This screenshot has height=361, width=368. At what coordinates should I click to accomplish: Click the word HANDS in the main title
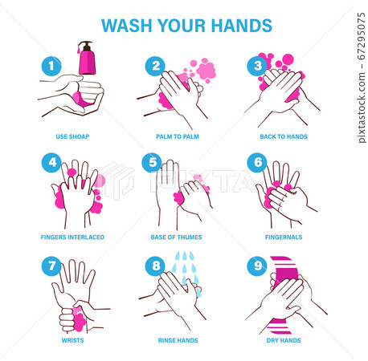tap(243, 24)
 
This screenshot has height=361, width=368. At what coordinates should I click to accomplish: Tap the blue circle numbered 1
tap(51, 65)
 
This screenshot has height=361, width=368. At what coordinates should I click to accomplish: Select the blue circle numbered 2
tap(156, 65)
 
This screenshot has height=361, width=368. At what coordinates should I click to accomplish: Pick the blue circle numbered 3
tap(258, 65)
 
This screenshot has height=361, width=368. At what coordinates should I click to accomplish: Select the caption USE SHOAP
tap(72, 136)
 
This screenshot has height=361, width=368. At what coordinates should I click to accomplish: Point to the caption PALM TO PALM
tap(177, 136)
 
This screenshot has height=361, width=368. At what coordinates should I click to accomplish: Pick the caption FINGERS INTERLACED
tap(72, 237)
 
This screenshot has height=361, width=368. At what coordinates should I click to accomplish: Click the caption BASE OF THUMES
tap(177, 237)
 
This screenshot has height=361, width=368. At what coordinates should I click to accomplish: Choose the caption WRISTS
tap(72, 339)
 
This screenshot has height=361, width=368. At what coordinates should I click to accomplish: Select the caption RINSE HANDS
tap(177, 339)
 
